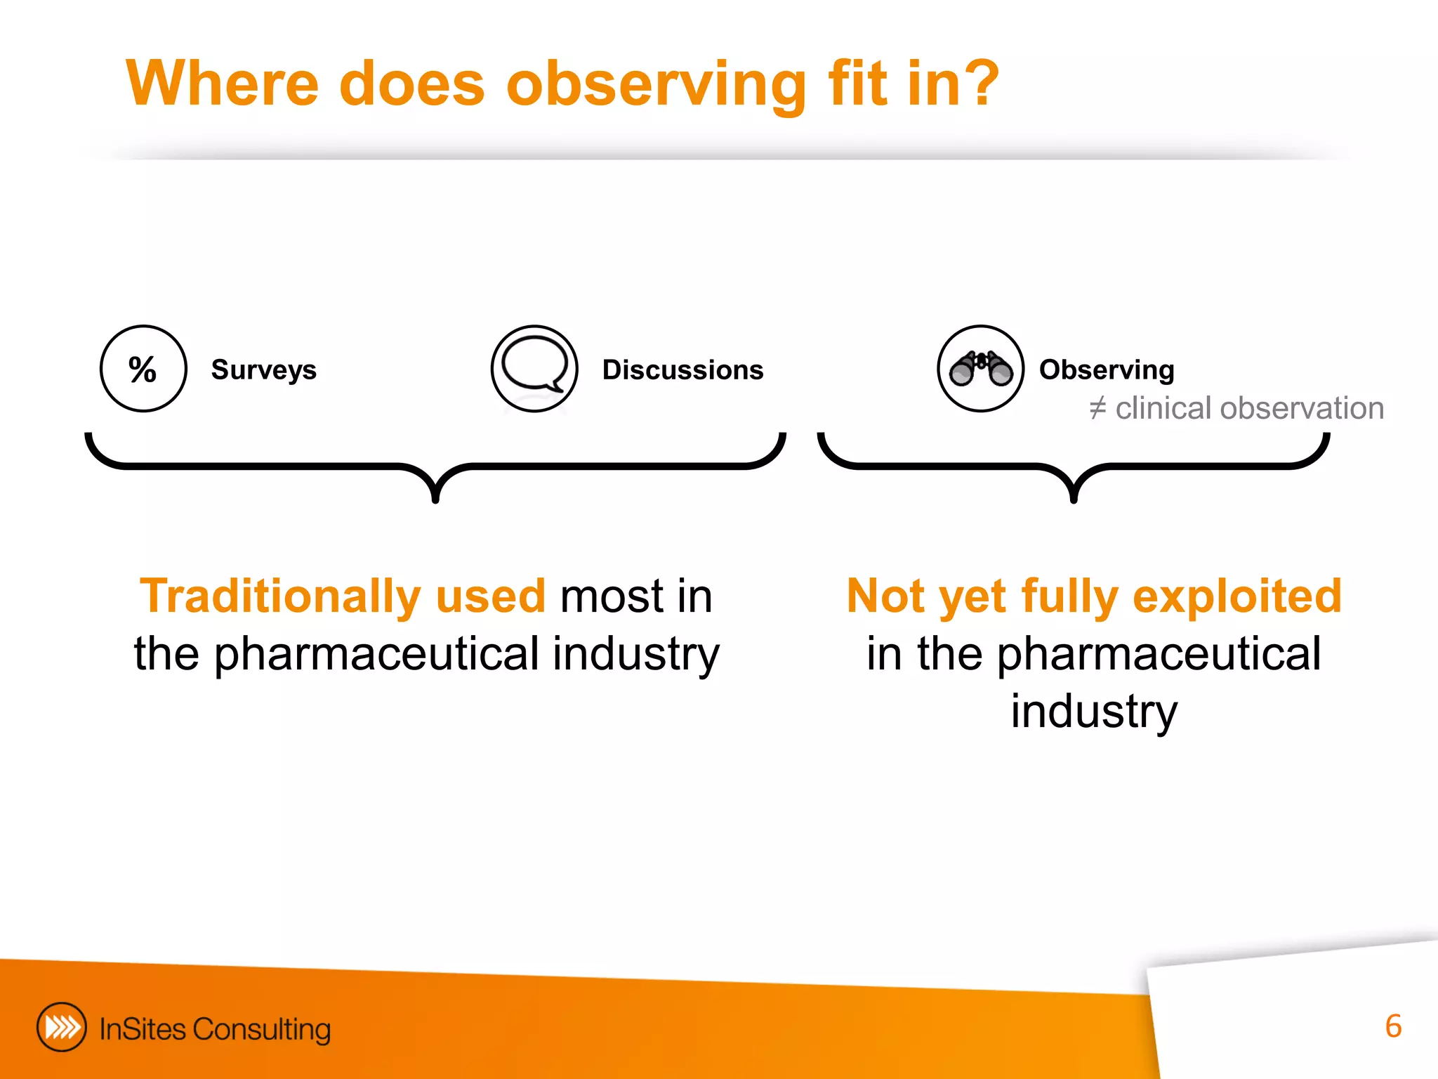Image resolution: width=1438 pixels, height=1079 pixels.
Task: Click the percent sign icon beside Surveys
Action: (143, 369)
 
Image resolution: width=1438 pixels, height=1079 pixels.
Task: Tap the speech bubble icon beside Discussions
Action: (534, 366)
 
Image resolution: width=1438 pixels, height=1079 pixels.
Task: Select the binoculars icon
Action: (981, 369)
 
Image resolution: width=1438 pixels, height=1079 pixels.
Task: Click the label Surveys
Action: (263, 370)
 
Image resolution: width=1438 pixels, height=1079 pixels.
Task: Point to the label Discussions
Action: (682, 370)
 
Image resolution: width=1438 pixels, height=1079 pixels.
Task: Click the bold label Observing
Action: (1107, 370)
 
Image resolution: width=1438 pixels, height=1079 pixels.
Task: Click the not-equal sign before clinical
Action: (1097, 408)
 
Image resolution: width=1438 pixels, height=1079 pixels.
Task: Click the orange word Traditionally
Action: (280, 596)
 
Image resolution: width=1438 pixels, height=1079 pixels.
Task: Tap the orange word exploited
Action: (1237, 596)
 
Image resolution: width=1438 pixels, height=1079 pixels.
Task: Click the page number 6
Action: (1393, 1026)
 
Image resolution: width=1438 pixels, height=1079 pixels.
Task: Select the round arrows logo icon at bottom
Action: (62, 1027)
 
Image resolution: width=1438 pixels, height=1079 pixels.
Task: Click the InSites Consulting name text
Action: (215, 1029)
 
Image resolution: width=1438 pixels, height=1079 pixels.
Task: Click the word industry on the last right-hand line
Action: (1094, 712)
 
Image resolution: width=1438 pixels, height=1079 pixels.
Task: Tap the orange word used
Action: (490, 596)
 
